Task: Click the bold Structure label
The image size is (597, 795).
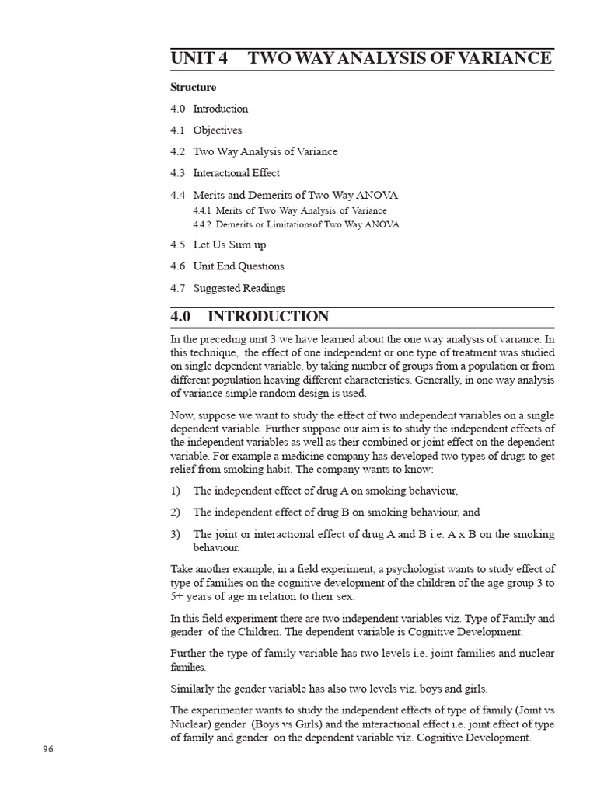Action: tap(194, 87)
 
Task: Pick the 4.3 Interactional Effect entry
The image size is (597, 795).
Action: tap(225, 173)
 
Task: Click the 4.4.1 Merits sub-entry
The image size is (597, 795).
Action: tap(289, 210)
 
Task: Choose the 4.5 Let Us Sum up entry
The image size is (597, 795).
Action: tap(218, 245)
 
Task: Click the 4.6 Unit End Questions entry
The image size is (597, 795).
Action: tap(227, 266)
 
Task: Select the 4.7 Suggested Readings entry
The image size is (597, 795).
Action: tap(228, 288)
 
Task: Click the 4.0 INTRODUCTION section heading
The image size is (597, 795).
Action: tap(250, 317)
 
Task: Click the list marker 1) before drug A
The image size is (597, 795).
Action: tap(176, 491)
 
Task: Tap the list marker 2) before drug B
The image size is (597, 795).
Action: tap(176, 512)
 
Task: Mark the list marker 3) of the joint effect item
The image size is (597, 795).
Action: tap(176, 534)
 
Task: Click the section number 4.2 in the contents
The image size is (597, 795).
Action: tap(178, 152)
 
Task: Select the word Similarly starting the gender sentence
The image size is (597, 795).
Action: tap(194, 689)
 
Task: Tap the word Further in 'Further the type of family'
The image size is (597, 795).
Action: tap(190, 653)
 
